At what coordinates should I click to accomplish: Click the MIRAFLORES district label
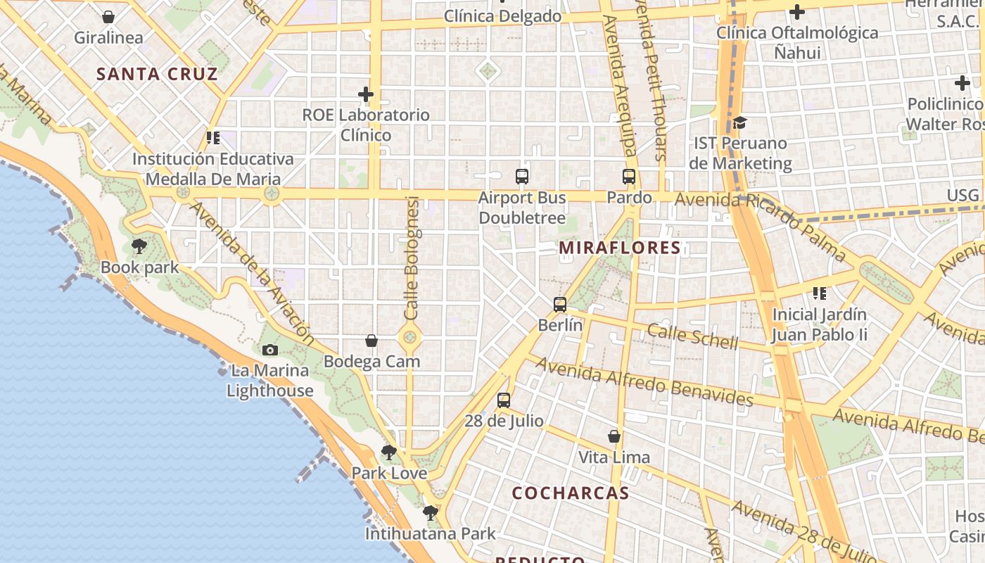620,248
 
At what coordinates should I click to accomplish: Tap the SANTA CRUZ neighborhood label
157,74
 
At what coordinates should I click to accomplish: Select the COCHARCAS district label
570,493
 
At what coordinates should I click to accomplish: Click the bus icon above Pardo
629,177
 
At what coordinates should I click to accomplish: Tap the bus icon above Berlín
560,305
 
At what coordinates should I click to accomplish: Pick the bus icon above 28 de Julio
504,400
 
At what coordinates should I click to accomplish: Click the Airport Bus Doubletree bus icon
522,177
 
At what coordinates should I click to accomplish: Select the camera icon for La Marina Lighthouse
269,350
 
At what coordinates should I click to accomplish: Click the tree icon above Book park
139,246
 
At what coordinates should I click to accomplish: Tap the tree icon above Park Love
389,453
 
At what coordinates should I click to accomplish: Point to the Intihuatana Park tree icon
431,513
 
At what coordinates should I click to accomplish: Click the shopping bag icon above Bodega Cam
371,341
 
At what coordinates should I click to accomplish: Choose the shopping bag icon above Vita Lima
614,437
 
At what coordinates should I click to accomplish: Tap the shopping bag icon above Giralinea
108,17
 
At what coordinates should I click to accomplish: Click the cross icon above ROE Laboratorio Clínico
366,94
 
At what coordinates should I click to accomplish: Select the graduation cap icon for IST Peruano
739,123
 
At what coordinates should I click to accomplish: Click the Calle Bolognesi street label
412,258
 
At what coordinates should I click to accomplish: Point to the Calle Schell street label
692,336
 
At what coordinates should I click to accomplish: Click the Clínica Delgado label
503,16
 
